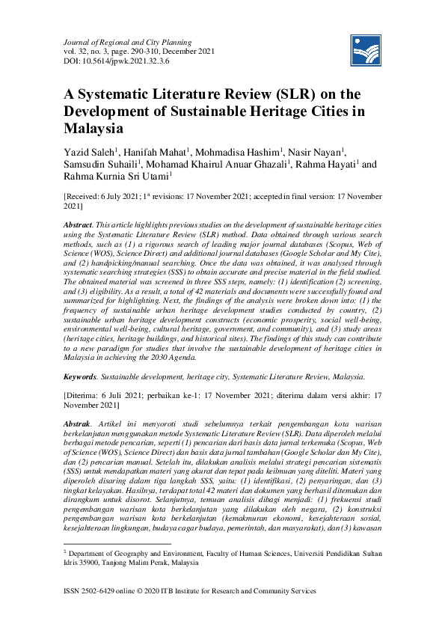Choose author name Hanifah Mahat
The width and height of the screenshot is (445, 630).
tap(161, 152)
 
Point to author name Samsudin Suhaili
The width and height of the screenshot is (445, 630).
tap(102, 164)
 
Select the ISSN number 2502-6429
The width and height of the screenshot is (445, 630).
tap(102, 590)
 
